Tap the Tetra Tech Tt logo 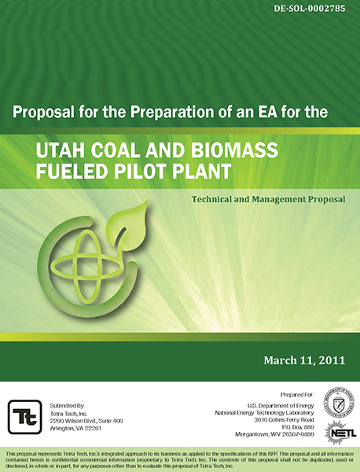point(23,413)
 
